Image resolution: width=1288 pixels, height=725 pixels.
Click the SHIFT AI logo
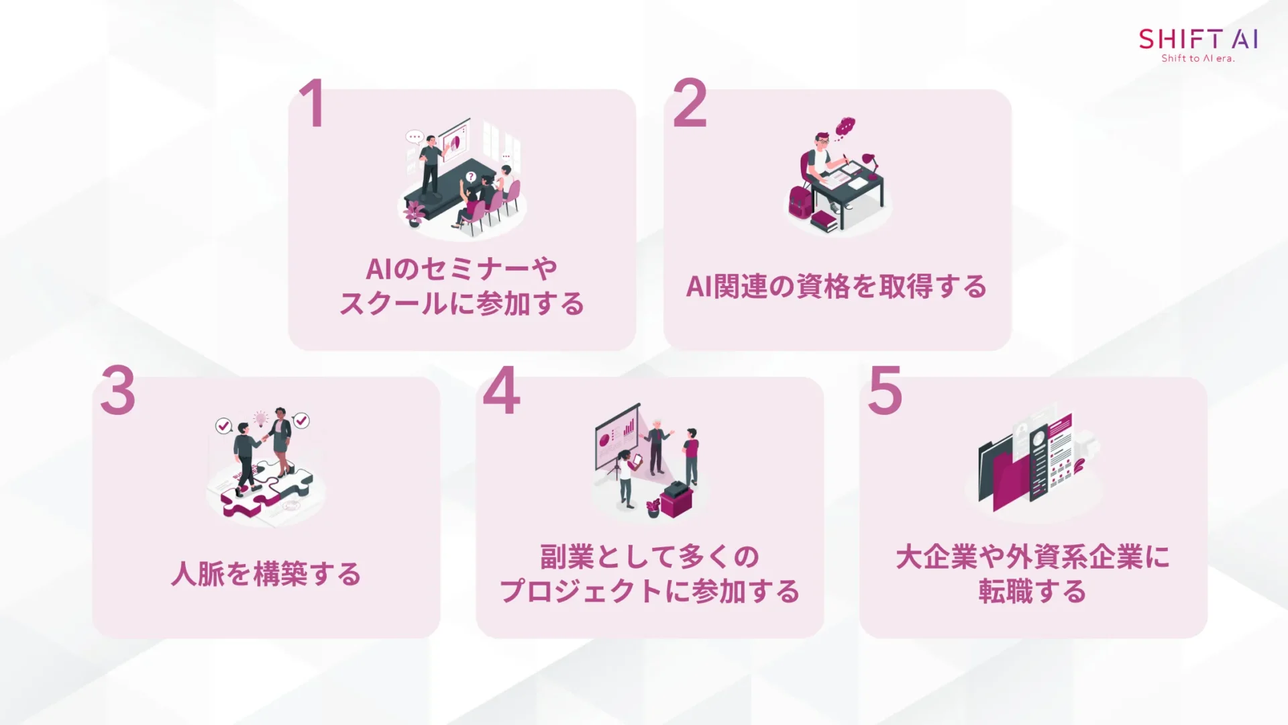(1198, 39)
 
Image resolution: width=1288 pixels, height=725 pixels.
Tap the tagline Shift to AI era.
(1198, 58)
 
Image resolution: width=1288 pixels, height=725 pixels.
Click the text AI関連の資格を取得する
(837, 287)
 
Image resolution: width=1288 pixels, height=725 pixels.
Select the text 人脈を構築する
(266, 575)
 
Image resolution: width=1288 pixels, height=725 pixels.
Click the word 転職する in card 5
(1032, 592)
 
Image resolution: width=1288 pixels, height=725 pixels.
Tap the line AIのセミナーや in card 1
(462, 269)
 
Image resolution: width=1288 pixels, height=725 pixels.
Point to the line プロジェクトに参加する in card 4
(649, 592)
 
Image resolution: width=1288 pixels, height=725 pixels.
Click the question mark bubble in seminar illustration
(471, 177)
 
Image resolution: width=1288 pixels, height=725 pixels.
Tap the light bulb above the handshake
(260, 419)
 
